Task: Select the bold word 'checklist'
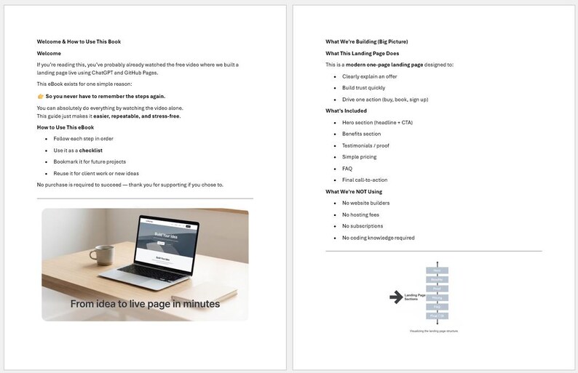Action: point(91,150)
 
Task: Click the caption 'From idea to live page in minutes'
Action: point(145,304)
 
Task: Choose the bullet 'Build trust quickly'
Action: point(364,88)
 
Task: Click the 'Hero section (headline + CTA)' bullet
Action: point(377,122)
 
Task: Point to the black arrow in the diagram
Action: point(396,295)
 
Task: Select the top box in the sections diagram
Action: point(437,270)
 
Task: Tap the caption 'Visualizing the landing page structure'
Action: point(435,332)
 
